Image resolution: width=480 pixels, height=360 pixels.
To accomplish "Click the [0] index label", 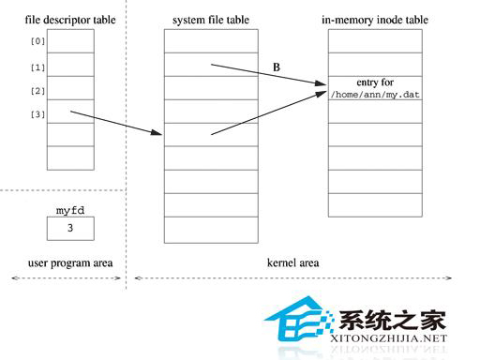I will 38,42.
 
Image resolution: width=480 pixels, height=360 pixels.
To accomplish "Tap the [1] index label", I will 38,67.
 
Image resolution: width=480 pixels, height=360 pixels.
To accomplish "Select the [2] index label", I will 38,91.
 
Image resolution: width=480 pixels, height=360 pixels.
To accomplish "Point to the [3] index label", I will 38,114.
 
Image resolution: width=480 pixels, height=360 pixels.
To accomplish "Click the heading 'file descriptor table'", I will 64,20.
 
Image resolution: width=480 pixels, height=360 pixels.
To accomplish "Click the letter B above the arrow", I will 276,67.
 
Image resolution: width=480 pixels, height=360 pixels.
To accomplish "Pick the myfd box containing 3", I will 69,228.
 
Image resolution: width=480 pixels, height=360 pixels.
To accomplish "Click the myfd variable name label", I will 69,210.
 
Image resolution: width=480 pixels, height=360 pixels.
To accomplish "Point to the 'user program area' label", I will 65,263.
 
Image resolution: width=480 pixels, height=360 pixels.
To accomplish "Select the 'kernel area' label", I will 291,263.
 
